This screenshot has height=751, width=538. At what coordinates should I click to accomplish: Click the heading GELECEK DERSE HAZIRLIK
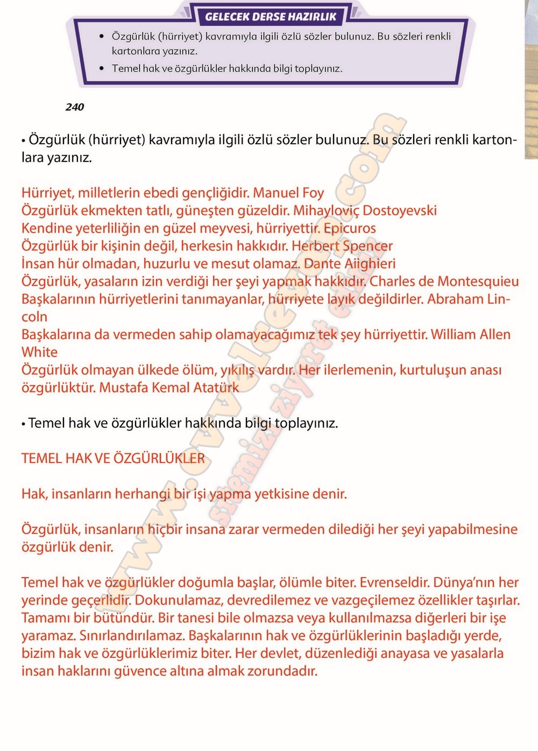click(x=270, y=17)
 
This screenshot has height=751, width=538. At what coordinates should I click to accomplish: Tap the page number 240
click(x=75, y=107)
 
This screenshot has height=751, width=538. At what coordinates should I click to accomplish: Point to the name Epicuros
click(x=350, y=228)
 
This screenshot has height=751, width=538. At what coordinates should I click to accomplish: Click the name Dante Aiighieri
click(x=350, y=264)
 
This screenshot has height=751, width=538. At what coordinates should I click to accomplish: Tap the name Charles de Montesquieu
click(x=444, y=282)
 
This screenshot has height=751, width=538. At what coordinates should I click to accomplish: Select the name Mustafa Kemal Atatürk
click(x=169, y=388)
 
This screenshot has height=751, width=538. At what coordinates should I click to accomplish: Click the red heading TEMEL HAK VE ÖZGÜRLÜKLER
click(x=113, y=459)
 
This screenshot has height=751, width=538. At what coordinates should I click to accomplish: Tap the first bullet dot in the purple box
click(x=102, y=37)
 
